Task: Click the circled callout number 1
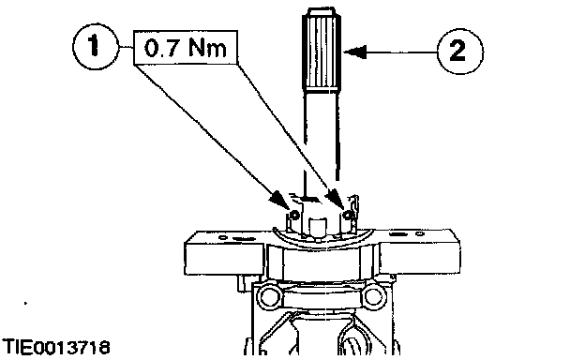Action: coord(96,47)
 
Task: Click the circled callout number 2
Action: coord(459,52)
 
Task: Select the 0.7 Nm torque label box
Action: coord(186,48)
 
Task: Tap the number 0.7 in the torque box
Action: coord(161,48)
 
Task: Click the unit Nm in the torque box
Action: coord(207,48)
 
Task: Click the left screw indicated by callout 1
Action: coord(294,216)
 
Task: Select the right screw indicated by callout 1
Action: coord(348,216)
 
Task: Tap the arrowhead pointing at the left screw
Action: coord(280,201)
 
